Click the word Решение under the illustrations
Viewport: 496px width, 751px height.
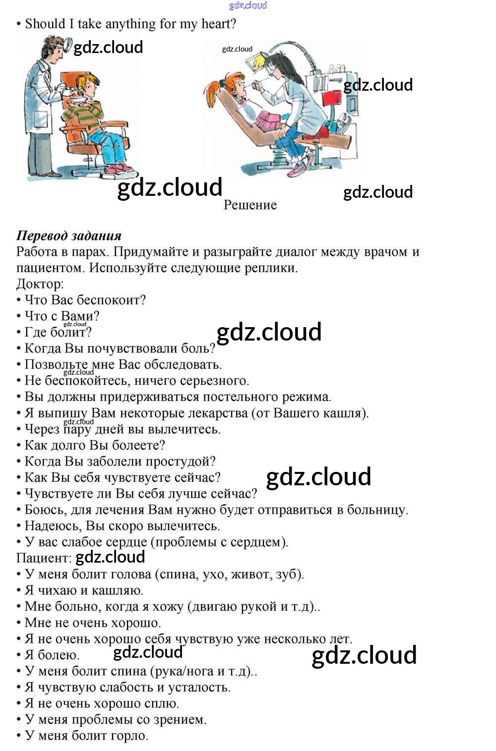click(250, 205)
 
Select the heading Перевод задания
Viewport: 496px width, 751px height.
click(69, 236)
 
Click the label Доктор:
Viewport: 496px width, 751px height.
click(40, 284)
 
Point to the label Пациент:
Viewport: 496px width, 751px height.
click(44, 558)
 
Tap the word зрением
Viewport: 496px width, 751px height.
click(184, 720)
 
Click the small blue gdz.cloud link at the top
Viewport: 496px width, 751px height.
click(248, 5)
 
